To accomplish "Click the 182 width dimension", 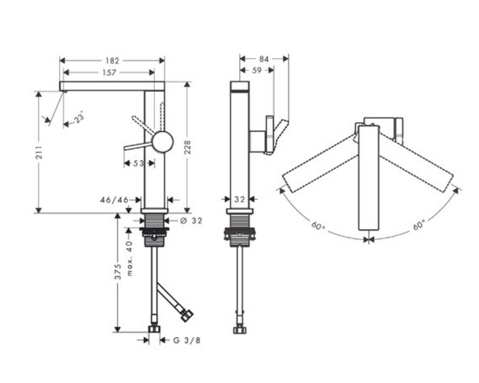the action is (x=113, y=61).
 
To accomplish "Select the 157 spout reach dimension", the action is (x=109, y=73).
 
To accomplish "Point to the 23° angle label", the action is (x=79, y=117).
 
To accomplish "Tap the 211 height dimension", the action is (x=39, y=152).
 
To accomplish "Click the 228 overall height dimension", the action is (x=187, y=147).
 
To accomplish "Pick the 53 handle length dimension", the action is (x=138, y=163).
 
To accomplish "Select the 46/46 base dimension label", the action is (x=114, y=200).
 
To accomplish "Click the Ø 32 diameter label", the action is (x=191, y=220).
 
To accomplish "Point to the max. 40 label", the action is (x=130, y=259).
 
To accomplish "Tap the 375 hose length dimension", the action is (x=118, y=271).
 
